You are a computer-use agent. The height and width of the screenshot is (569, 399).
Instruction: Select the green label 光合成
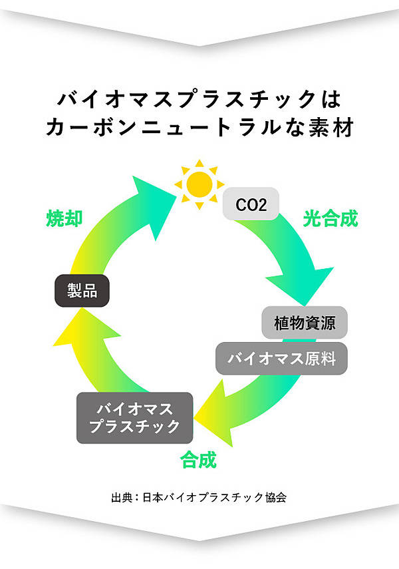pos(331,218)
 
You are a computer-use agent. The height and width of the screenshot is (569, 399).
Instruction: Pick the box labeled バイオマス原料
pos(281,359)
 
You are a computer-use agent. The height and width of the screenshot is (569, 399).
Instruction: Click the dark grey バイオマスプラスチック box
pos(134,418)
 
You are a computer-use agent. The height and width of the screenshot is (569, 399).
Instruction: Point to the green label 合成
pos(199,459)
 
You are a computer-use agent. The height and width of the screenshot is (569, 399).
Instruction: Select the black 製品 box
pos(82,290)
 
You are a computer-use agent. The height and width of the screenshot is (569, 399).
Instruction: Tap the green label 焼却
pos(65,218)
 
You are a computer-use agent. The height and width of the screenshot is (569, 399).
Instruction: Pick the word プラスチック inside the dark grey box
pos(134,427)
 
